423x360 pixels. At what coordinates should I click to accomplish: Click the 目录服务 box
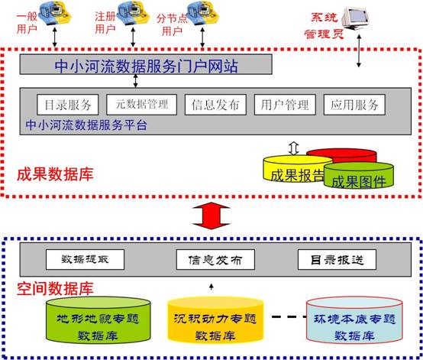[68, 105]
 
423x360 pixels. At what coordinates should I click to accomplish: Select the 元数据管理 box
[141, 105]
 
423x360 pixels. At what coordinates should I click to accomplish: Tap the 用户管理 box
[285, 105]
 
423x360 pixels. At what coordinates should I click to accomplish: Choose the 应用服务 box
[354, 105]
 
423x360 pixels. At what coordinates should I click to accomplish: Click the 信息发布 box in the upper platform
[215, 105]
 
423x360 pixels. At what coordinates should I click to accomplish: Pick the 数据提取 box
[85, 260]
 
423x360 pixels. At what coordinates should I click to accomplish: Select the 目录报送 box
[337, 260]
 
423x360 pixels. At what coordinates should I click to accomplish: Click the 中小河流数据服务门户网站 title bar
[146, 64]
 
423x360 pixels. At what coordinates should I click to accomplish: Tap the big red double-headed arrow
[211, 216]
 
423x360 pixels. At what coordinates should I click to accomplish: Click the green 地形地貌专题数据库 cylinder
[98, 320]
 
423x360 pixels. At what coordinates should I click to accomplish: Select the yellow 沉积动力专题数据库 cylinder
[215, 320]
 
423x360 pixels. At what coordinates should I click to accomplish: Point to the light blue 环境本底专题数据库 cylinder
[354, 320]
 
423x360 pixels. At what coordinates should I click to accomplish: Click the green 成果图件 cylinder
[359, 175]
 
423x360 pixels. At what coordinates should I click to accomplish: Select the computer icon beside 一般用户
[55, 15]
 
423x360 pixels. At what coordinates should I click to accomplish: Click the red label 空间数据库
[55, 288]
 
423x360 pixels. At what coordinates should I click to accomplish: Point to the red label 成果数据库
[55, 174]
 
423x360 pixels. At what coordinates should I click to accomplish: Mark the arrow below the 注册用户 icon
[133, 37]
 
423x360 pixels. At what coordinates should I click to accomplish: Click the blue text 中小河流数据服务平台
[86, 125]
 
